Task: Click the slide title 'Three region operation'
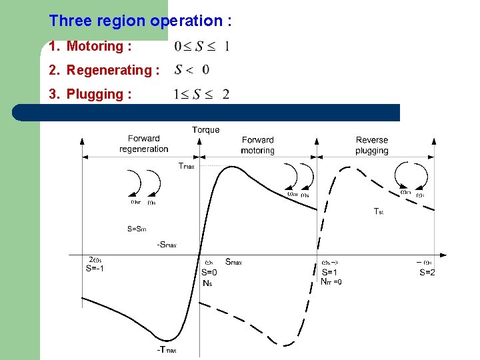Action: click(140, 21)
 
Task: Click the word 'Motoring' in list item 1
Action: click(95, 46)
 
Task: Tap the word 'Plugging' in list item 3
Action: click(95, 94)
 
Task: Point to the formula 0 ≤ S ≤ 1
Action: click(201, 47)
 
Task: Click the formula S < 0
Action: click(192, 70)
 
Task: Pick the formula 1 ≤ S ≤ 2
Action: click(201, 95)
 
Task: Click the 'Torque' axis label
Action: click(205, 130)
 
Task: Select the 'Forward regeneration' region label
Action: click(144, 144)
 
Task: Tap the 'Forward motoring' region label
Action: click(258, 145)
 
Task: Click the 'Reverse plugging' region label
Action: click(372, 145)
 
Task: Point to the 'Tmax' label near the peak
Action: click(187, 166)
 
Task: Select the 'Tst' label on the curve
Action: click(378, 211)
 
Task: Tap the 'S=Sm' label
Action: click(137, 229)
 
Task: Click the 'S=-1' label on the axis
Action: click(95, 269)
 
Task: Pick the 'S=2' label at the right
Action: click(427, 272)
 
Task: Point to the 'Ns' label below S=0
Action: click(207, 282)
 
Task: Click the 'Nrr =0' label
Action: click(331, 281)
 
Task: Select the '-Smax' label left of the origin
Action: click(167, 245)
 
